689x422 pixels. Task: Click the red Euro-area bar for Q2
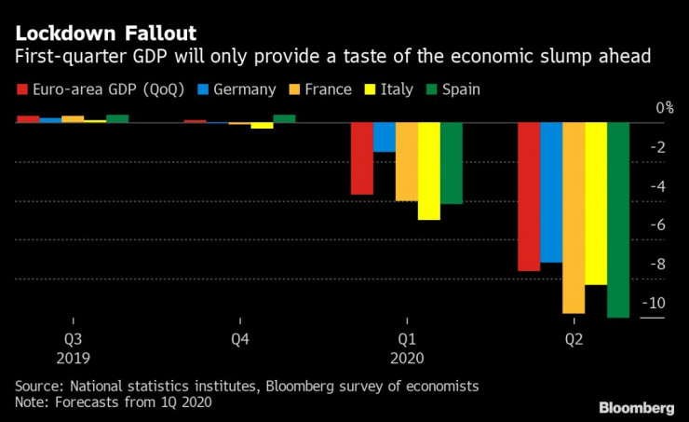coord(529,196)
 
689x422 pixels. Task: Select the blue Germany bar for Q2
coord(551,192)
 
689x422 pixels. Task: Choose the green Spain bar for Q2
coord(618,219)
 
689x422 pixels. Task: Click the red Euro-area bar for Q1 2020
coord(361,157)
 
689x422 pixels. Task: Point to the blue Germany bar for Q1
coord(384,136)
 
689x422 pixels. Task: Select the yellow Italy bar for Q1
coord(428,170)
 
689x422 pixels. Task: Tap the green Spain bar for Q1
coord(452,162)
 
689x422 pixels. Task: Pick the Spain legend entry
coord(453,89)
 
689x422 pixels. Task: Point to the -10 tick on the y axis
coord(655,303)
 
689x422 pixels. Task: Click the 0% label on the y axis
coord(664,108)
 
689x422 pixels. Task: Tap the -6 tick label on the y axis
coord(657,225)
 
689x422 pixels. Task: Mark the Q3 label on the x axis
coord(73,340)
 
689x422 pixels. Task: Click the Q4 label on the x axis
coord(240,340)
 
